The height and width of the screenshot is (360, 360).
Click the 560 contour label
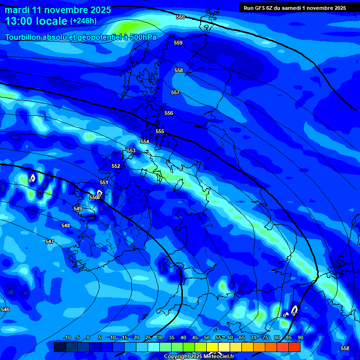click(180, 17)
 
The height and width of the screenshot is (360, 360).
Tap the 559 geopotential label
click(178, 43)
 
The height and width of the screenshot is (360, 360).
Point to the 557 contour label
click(175, 93)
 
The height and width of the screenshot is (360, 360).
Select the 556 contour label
click(169, 113)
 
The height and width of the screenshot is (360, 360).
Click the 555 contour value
click(160, 132)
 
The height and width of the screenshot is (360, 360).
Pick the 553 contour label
click(131, 151)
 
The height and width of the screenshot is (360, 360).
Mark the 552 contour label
click(116, 166)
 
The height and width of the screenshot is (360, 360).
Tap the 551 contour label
click(104, 183)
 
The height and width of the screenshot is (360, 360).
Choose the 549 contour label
click(78, 209)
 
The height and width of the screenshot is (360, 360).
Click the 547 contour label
click(50, 242)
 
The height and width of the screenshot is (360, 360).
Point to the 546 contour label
click(5, 310)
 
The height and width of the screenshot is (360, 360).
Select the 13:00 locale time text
click(36, 21)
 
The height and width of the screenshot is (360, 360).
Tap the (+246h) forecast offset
click(83, 21)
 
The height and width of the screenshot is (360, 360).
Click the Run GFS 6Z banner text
click(295, 8)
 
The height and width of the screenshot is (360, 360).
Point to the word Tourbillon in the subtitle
click(24, 37)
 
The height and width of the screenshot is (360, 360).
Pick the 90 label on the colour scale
click(300, 338)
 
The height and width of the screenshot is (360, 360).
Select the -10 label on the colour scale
click(67, 338)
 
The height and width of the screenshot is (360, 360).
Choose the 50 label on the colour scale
click(207, 338)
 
